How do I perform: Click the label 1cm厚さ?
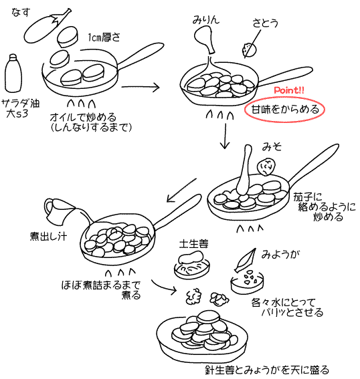(x=103, y=38)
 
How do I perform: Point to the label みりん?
(x=205, y=21)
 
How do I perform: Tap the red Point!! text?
(x=290, y=91)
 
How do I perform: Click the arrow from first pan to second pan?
(x=151, y=87)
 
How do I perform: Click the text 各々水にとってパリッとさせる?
(x=286, y=307)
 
